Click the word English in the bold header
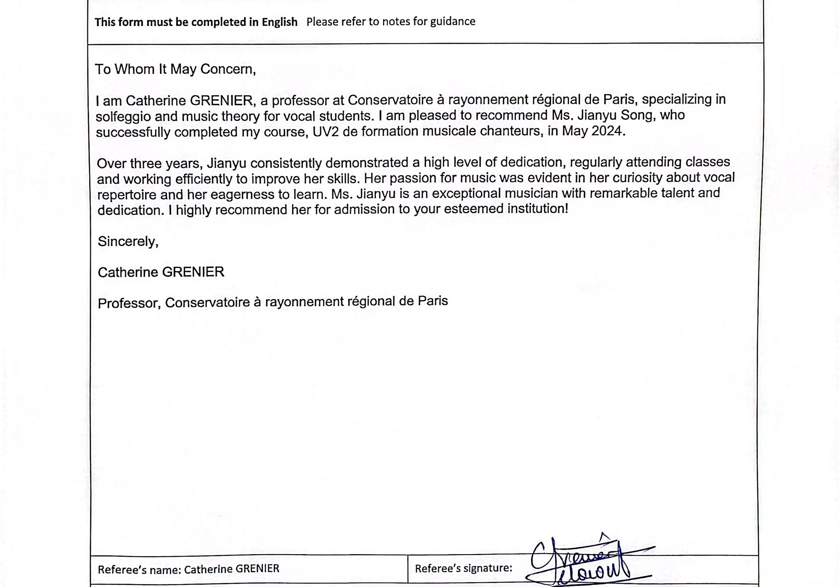280,22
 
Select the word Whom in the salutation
134,69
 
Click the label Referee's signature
463,568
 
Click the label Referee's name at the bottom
139,569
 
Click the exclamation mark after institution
566,209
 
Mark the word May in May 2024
575,131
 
